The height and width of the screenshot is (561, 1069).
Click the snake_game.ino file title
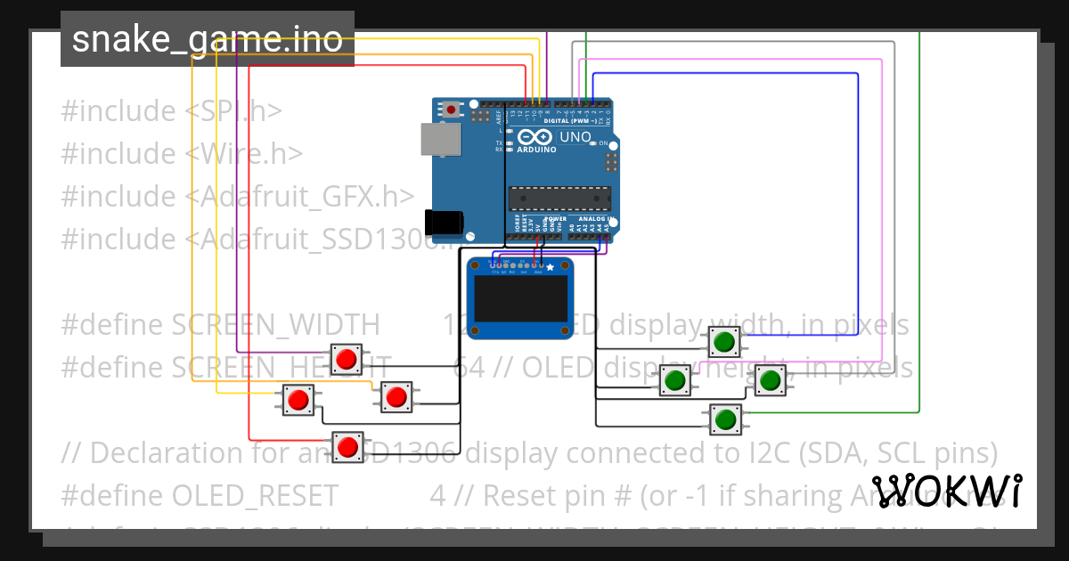207,39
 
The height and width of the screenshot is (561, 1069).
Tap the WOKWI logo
946,491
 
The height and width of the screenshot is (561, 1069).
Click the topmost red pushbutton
347,360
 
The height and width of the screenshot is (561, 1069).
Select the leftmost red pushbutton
298,399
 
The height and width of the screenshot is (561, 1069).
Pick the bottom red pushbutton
347,446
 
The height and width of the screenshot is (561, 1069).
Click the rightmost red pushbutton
396,396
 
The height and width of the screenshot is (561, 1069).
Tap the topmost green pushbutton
724,341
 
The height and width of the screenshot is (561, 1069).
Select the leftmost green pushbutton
675,380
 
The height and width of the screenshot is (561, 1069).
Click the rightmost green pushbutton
771,380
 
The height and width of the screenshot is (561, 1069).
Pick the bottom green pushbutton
725,419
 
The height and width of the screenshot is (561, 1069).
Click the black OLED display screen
521,298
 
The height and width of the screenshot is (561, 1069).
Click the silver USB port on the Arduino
442,140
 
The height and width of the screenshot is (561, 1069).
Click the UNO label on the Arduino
575,137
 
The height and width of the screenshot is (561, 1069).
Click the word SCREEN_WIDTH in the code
275,324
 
